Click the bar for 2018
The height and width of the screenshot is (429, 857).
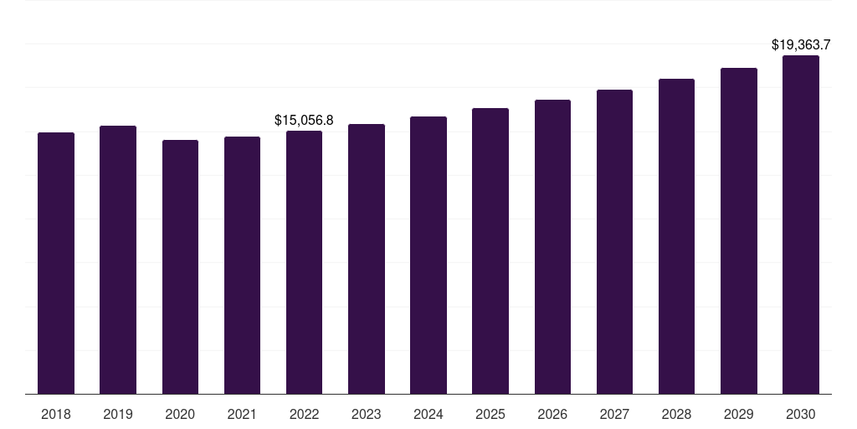pyautogui.click(x=56, y=263)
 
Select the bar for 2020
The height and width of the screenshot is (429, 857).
pyautogui.click(x=180, y=266)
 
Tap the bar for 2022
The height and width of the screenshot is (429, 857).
pyautogui.click(x=304, y=262)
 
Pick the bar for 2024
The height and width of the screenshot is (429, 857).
pyautogui.click(x=428, y=255)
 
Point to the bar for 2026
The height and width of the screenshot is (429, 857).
pyautogui.click(x=552, y=246)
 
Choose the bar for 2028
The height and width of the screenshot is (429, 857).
pyautogui.click(x=676, y=236)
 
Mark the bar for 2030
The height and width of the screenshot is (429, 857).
pyautogui.click(x=800, y=225)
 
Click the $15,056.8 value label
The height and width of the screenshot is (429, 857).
pyautogui.click(x=304, y=121)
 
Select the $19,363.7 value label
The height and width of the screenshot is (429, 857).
pyautogui.click(x=800, y=45)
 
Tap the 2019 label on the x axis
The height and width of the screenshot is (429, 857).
pyautogui.click(x=118, y=414)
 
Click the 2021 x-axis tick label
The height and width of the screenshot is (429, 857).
pyautogui.click(x=242, y=414)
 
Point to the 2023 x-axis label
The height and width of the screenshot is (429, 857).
pyautogui.click(x=366, y=414)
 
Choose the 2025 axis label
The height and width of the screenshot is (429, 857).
pyautogui.click(x=490, y=414)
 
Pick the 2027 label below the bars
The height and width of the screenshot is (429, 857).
pyautogui.click(x=614, y=414)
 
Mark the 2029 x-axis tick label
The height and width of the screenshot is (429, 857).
pyautogui.click(x=738, y=414)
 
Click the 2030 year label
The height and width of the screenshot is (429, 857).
pyautogui.click(x=800, y=414)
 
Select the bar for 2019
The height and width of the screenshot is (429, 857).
pyautogui.click(x=118, y=260)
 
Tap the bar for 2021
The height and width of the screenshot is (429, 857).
pyautogui.click(x=242, y=265)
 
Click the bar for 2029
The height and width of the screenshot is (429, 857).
pyautogui.click(x=738, y=230)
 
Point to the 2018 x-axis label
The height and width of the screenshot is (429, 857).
pyautogui.click(x=56, y=414)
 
